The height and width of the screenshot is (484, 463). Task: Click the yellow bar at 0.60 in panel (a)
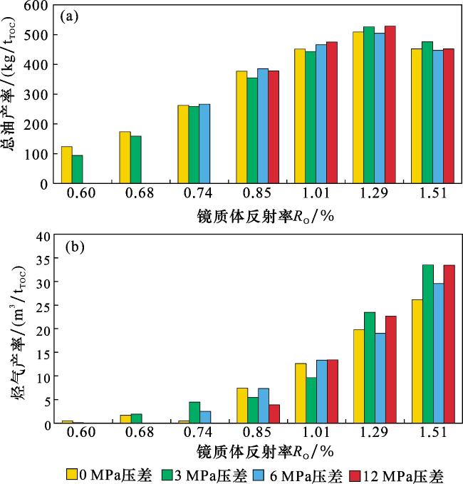coord(66,165)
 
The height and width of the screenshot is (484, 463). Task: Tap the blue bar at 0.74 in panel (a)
coord(204,144)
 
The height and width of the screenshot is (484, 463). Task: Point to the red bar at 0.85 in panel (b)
coord(274,414)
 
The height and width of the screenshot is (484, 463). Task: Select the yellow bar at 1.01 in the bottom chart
coord(300,393)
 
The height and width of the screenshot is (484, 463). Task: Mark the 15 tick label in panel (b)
coord(42,352)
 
